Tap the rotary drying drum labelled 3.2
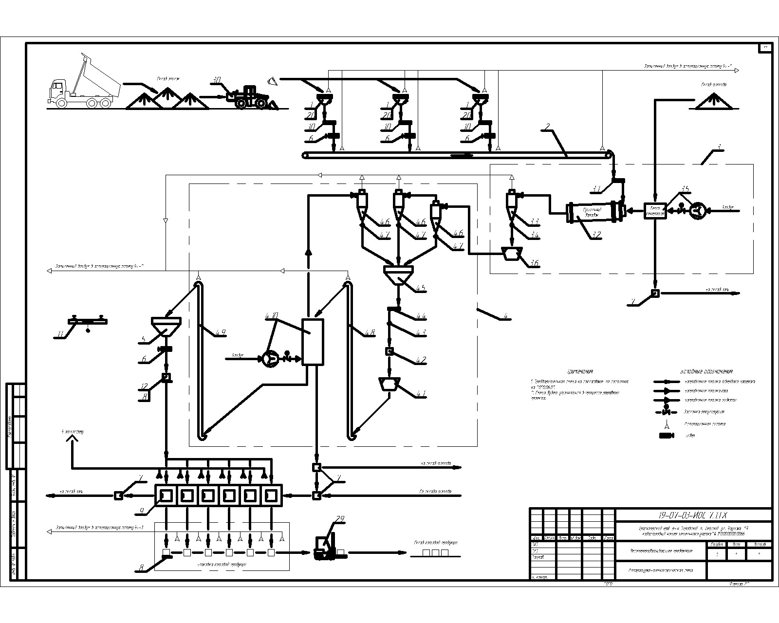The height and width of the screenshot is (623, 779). tap(594, 212)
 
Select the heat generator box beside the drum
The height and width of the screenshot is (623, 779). tap(655, 211)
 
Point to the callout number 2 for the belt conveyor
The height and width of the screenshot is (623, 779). tap(547, 128)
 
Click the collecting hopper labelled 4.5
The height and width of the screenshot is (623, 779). tap(399, 274)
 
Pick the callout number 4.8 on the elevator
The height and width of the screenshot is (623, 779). tap(370, 333)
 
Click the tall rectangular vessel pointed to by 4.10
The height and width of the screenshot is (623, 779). tap(313, 342)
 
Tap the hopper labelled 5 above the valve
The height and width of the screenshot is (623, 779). tap(166, 326)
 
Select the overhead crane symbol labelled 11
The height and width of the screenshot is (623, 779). tap(88, 322)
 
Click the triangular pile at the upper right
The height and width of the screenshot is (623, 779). tap(714, 101)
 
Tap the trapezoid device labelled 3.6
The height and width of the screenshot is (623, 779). tap(511, 253)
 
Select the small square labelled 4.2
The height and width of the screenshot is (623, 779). tap(389, 351)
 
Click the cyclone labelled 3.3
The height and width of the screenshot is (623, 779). tap(511, 202)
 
